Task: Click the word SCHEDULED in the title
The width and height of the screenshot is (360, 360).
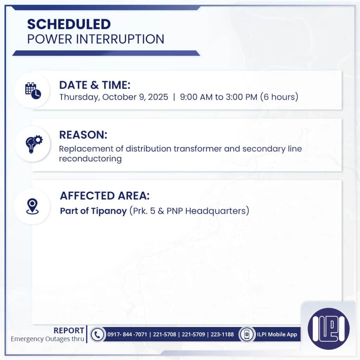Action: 69,24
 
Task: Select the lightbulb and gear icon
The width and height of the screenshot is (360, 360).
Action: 33,143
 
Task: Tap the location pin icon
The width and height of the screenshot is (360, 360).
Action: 32,206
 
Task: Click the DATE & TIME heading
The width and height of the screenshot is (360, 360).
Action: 95,85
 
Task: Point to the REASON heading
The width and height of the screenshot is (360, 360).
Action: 83,135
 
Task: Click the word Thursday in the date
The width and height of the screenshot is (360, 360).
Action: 79,97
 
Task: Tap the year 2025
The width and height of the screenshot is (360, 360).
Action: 158,97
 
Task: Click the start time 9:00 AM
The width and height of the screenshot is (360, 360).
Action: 196,97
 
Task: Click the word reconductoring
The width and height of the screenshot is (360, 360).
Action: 90,159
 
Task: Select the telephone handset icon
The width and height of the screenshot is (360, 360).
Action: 97,334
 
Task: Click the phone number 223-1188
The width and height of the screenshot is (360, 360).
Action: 222,334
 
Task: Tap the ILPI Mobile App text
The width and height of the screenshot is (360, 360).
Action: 277,334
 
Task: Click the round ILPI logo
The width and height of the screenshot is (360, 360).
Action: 328,329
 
